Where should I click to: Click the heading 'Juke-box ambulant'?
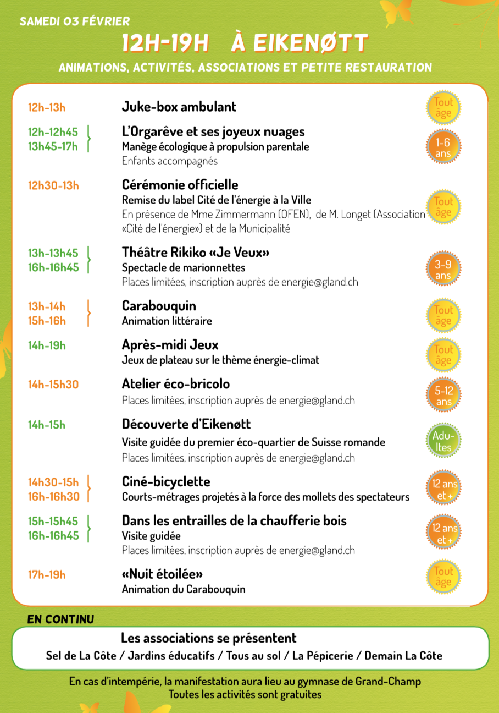[179, 107]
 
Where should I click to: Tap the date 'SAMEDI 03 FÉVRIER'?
[75, 22]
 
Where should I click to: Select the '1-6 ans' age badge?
[443, 148]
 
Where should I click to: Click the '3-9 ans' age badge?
[443, 270]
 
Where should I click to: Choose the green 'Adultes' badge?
[443, 442]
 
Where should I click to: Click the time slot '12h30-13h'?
[53, 185]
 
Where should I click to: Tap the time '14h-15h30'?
[53, 384]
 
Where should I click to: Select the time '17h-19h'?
[47, 574]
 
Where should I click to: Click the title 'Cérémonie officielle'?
[180, 185]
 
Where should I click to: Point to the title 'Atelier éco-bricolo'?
[175, 384]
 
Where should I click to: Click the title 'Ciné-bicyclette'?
[166, 482]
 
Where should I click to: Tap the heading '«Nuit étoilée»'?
[162, 574]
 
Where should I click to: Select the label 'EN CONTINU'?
[60, 619]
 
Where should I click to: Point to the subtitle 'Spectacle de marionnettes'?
[184, 268]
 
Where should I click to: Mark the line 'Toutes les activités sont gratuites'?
[245, 694]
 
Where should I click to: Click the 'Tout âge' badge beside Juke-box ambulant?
[443, 108]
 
